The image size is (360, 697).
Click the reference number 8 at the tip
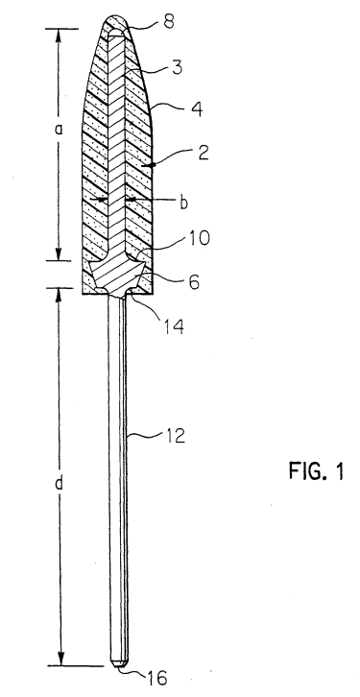point(169,22)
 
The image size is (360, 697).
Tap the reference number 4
point(197,108)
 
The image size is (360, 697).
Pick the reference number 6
point(194,281)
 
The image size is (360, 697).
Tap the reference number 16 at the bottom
point(156,678)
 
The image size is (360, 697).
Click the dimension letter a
point(60,129)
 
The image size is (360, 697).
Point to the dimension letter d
point(59,482)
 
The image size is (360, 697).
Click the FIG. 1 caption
point(317,470)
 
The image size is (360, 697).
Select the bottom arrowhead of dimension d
point(60,658)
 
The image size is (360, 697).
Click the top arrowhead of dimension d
point(60,296)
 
